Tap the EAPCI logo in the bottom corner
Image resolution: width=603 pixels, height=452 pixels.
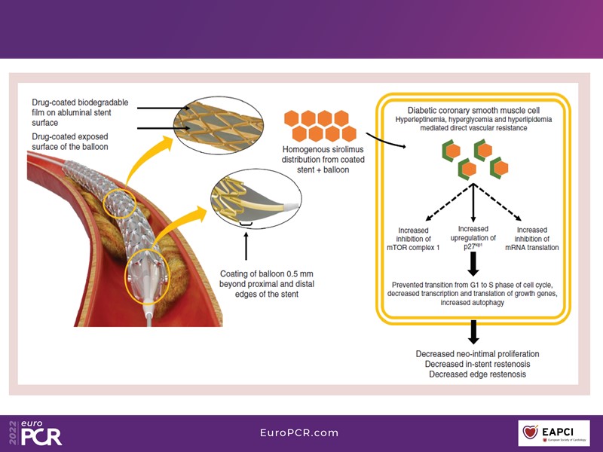pos(559,433)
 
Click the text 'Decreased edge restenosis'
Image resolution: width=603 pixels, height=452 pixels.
pos(477,374)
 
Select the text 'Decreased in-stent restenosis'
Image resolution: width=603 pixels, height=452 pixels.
pos(477,363)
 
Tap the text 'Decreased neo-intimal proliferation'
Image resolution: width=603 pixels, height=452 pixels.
pos(477,353)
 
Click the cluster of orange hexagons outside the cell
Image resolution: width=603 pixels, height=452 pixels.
pos(317,126)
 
